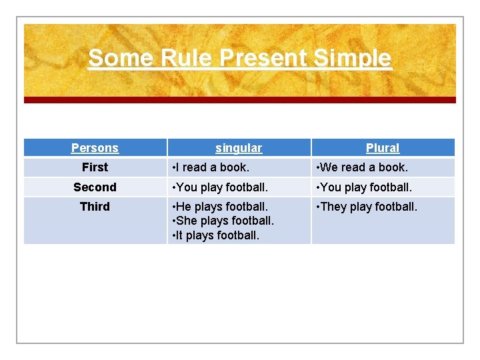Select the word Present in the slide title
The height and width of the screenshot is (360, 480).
[263, 58]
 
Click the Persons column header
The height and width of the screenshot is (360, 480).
[95, 148]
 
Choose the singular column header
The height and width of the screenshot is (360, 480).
[239, 148]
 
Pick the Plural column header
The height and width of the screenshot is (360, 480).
[383, 148]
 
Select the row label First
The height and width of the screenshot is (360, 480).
[95, 167]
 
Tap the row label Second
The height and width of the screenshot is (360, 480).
[95, 187]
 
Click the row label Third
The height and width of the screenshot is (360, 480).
[95, 207]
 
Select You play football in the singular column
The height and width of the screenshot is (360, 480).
[220, 187]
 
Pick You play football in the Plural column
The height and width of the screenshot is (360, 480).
[365, 187]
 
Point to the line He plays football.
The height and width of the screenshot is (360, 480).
[220, 207]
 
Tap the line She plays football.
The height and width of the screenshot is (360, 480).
[223, 221]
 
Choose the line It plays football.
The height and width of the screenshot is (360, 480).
[216, 235]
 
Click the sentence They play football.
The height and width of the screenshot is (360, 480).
[367, 207]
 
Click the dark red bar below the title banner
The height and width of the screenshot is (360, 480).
[240, 100]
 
